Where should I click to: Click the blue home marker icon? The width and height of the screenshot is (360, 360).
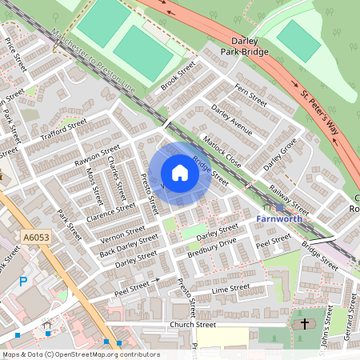180,173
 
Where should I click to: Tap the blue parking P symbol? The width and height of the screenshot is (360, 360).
23,281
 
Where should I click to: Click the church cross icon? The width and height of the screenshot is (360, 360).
304,324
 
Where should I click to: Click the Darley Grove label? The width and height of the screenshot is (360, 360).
280,153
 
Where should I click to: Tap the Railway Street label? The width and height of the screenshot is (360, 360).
289,197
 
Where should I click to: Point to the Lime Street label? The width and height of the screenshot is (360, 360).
231,287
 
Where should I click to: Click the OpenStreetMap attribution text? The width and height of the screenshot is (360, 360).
80,354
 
